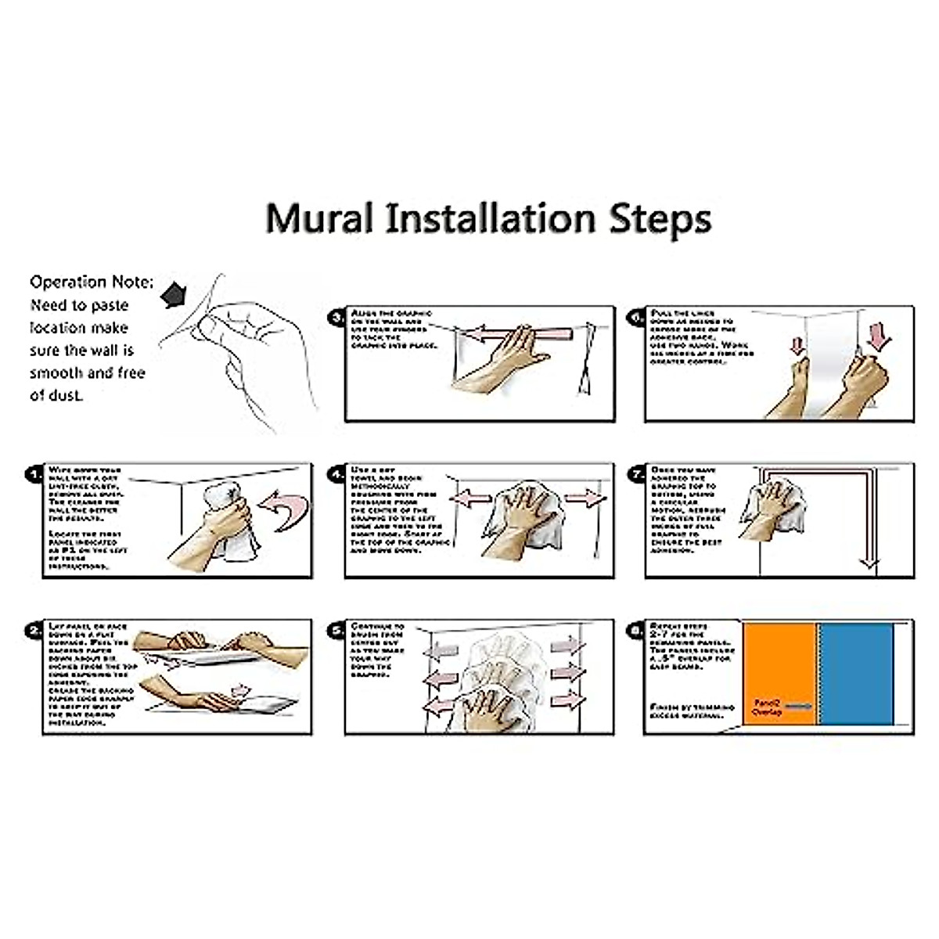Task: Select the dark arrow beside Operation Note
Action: pyautogui.click(x=174, y=294)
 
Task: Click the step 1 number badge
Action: pyautogui.click(x=34, y=474)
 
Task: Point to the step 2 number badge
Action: pyautogui.click(x=34, y=631)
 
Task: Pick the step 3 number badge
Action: pyautogui.click(x=336, y=318)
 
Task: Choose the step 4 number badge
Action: pyautogui.click(x=336, y=474)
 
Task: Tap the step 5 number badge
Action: pyautogui.click(x=336, y=631)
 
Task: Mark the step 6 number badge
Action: pyautogui.click(x=636, y=318)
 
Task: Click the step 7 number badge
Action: pyautogui.click(x=636, y=474)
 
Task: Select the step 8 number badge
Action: pyautogui.click(x=636, y=631)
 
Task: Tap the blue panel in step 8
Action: pyautogui.click(x=855, y=673)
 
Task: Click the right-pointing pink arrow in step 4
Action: pyautogui.click(x=584, y=498)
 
